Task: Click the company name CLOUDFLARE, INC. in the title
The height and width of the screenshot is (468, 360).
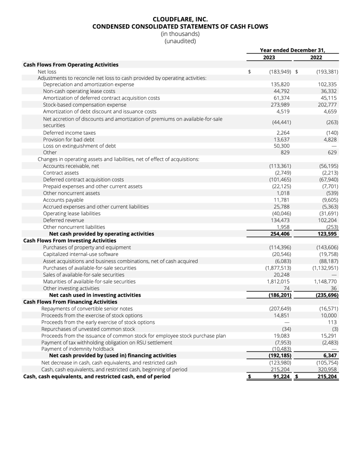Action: [x=180, y=19]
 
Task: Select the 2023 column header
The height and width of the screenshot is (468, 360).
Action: [x=269, y=58]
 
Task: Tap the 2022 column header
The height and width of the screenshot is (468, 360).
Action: [x=316, y=58]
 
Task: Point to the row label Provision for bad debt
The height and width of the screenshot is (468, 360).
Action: [x=68, y=139]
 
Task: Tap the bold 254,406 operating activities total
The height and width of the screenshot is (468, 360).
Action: [x=279, y=234]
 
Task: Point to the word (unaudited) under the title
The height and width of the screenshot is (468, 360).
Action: [x=180, y=41]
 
